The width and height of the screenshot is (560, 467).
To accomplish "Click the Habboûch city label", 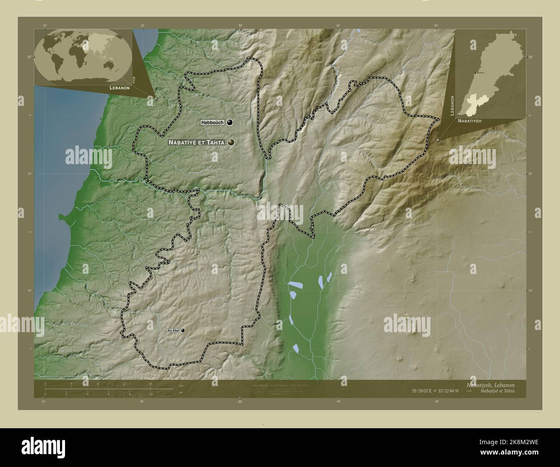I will pyautogui.click(x=212, y=123).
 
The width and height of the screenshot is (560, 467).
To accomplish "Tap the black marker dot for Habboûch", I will pyautogui.click(x=230, y=123).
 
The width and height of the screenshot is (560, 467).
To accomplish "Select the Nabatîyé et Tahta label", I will pyautogui.click(x=196, y=142).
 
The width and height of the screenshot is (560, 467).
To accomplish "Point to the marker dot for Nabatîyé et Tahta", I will pyautogui.click(x=231, y=142).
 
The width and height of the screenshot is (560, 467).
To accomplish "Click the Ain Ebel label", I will pyautogui.click(x=173, y=330).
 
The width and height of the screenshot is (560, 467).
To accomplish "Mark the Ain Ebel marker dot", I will pyautogui.click(x=183, y=330).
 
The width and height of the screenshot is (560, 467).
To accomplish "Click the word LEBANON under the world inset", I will pyautogui.click(x=120, y=87).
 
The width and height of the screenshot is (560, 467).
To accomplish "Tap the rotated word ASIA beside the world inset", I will pyautogui.click(x=134, y=79).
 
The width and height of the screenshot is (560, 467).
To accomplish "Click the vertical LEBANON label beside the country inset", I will pyautogui.click(x=452, y=106).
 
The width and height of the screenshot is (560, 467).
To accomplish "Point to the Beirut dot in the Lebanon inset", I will pyautogui.click(x=475, y=73).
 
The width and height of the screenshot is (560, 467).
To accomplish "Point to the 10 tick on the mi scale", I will pyautogui.click(x=150, y=393).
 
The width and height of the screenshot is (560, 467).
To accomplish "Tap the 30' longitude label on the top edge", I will pyautogui.click(x=240, y=26).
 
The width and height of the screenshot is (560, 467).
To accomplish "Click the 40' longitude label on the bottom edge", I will pyautogui.click(x=339, y=402).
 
